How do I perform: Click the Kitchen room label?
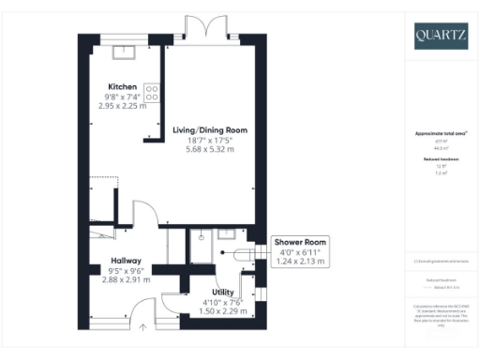coord(122,86)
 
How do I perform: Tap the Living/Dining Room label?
coord(211,129)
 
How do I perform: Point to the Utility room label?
coord(223,292)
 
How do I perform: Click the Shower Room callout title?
coord(298,242)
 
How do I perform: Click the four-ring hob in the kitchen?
coord(152,93)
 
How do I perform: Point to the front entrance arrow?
coord(142,327)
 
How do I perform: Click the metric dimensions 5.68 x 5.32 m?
coord(211,149)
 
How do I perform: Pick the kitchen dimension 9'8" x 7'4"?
coord(122,97)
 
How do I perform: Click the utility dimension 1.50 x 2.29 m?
coord(223,311)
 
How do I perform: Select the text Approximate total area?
coord(440,133)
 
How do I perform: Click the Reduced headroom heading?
coord(440,159)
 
